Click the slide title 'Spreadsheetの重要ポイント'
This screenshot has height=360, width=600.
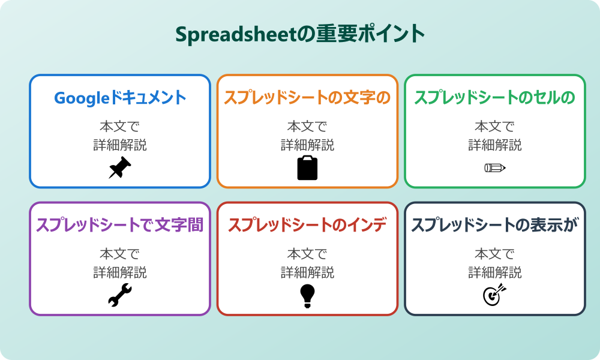(x=300, y=34)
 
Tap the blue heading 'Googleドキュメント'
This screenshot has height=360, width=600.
(x=120, y=98)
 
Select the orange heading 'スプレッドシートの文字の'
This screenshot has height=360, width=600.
(x=307, y=98)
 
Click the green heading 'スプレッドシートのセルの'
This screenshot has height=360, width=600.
(x=495, y=98)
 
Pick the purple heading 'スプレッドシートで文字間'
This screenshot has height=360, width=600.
(x=120, y=225)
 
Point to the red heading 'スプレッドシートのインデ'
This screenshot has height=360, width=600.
(x=307, y=225)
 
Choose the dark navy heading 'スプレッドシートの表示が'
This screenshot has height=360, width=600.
(x=495, y=225)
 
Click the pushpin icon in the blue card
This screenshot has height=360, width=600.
(x=120, y=168)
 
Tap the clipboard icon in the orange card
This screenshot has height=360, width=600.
(x=307, y=168)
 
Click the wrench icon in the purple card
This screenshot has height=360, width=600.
(x=120, y=296)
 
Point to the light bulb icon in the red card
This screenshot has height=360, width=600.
(x=307, y=296)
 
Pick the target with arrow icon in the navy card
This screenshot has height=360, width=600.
(x=495, y=295)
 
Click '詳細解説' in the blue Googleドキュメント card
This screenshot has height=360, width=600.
(x=120, y=145)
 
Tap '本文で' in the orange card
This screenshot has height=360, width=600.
(x=307, y=127)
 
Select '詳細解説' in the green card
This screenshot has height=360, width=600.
(x=495, y=145)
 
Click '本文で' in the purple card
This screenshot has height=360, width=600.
(x=120, y=254)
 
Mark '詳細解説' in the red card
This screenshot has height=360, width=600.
(x=307, y=272)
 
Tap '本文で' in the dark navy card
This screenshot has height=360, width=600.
(x=495, y=254)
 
